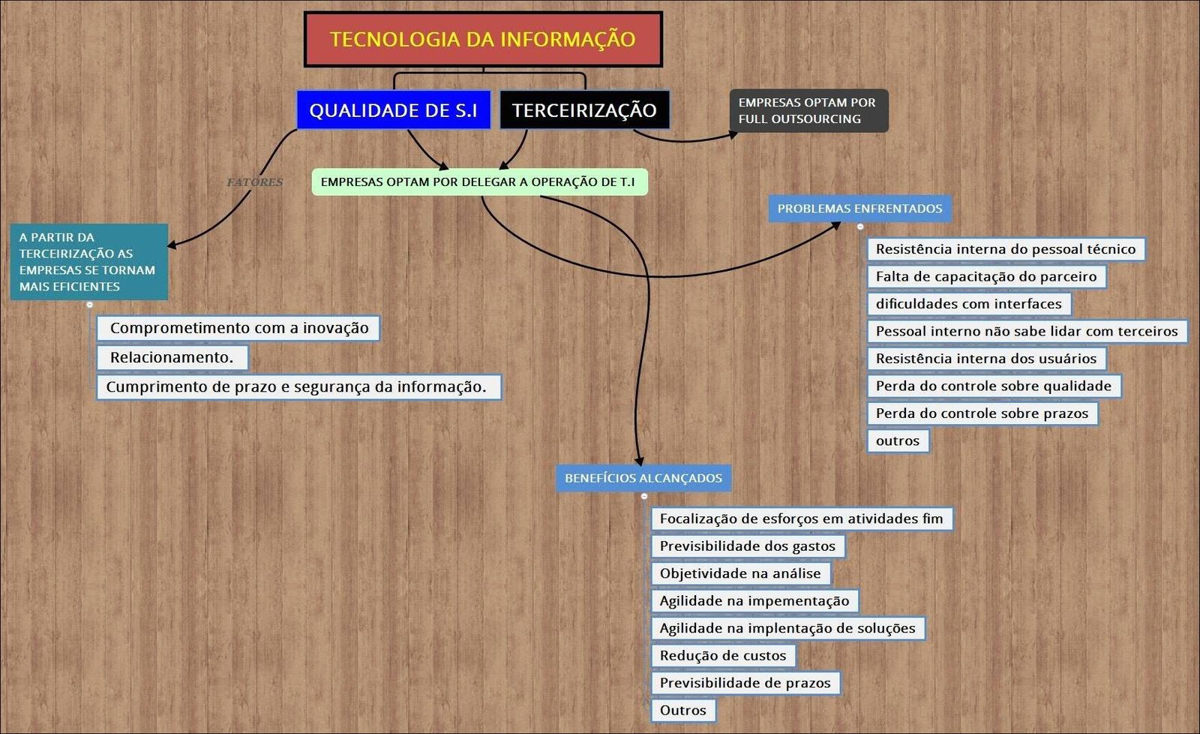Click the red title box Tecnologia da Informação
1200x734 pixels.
coord(483,39)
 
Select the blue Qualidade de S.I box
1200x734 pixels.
coord(393,110)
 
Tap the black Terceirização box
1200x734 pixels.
coord(584,110)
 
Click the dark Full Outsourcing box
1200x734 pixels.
coord(808,111)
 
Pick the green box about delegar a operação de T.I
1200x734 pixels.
coord(478,182)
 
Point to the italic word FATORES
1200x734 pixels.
coord(255,182)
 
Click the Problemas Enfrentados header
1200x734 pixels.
coord(859,209)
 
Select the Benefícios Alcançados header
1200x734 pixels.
coord(643,478)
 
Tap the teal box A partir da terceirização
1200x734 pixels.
coord(88,262)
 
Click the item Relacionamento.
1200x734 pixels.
coord(172,357)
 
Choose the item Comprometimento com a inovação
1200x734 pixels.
coord(238,328)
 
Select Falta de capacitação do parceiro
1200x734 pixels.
coord(985,276)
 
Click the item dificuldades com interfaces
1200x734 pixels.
coord(968,304)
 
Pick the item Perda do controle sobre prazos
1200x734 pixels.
coord(982,414)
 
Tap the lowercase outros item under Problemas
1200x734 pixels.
coord(897,441)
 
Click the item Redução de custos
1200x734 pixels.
coord(722,655)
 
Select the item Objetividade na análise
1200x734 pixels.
coord(740,573)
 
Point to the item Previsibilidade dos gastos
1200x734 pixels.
coord(747,546)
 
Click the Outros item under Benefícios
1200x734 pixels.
coord(682,710)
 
